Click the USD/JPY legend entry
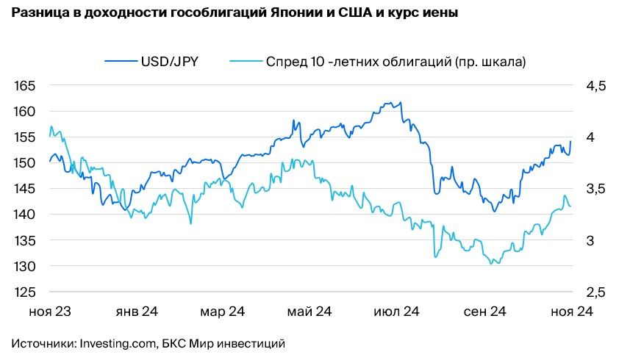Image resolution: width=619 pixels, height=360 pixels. tap(169, 62)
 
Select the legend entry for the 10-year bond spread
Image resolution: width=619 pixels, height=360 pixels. tap(396, 62)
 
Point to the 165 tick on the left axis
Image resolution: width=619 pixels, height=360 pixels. tap(25, 86)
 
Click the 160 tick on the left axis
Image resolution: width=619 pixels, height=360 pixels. tap(25, 112)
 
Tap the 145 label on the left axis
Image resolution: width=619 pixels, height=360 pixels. tap(25, 189)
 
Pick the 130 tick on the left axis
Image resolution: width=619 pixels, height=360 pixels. tap(25, 266)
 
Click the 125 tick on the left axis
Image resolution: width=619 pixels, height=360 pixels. tap(25, 292)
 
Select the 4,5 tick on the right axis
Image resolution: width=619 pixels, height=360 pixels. tap(595, 86)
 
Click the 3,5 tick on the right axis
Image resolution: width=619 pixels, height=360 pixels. tap(595, 189)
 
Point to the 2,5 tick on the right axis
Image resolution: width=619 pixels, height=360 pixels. tap(595, 292)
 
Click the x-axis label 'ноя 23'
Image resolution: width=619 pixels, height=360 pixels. tap(50, 312)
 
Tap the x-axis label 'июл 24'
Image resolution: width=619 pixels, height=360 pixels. tap(396, 312)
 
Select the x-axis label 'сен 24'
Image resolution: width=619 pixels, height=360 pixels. tap(484, 312)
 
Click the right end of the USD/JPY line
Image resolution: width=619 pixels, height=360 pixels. tap(570, 142)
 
